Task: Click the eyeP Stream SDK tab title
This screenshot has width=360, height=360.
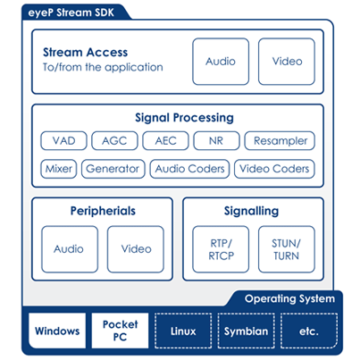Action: pyautogui.click(x=71, y=13)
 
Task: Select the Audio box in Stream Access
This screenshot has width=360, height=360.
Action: pyautogui.click(x=221, y=62)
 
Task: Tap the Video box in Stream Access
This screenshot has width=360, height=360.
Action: pyautogui.click(x=287, y=62)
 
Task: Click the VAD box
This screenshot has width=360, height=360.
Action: pyautogui.click(x=63, y=140)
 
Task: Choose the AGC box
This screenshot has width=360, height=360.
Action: pyautogui.click(x=114, y=140)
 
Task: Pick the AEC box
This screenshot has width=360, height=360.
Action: pyautogui.click(x=165, y=140)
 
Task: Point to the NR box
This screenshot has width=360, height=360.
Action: pyautogui.click(x=216, y=140)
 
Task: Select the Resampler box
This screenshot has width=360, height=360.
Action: pyautogui.click(x=280, y=140)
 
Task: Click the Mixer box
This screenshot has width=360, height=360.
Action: pyautogui.click(x=59, y=169)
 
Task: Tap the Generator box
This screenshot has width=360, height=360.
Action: pyautogui.click(x=113, y=169)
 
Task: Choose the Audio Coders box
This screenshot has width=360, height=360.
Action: pyautogui.click(x=189, y=169)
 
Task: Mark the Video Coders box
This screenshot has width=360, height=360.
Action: pyautogui.click(x=274, y=169)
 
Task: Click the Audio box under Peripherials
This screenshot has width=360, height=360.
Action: pyautogui.click(x=70, y=249)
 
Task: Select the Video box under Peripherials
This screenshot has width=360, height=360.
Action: pyautogui.click(x=136, y=249)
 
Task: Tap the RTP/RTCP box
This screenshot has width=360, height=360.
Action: pyautogui.click(x=221, y=249)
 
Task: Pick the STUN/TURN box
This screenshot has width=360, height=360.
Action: pyautogui.click(x=287, y=249)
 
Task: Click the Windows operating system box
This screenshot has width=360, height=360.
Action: pyautogui.click(x=57, y=331)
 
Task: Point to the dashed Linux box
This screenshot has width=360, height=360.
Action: pyautogui.click(x=183, y=331)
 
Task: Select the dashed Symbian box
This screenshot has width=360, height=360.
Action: pyautogui.click(x=247, y=331)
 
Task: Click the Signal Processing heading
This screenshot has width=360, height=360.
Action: pyautogui.click(x=184, y=118)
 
